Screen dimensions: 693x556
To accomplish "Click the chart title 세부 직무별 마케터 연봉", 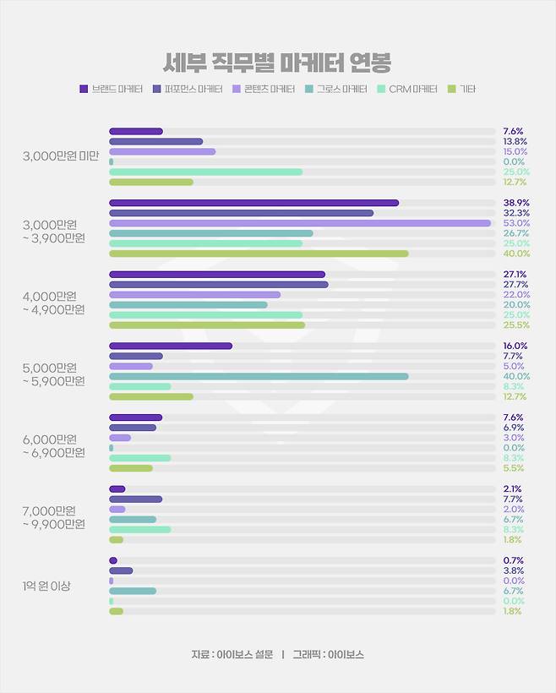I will click(x=277, y=63).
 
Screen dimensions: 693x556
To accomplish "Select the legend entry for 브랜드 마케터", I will click(x=111, y=89).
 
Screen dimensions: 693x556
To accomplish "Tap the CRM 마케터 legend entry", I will click(x=406, y=89).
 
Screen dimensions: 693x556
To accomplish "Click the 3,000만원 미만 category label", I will click(x=61, y=156).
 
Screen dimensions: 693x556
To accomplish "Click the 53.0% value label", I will click(x=515, y=223).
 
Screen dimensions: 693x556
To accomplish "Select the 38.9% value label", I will click(x=515, y=203).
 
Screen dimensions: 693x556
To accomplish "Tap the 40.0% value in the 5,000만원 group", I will click(x=515, y=376).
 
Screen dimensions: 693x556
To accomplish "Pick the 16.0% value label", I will click(x=515, y=346).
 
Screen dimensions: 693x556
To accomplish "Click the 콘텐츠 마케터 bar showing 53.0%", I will click(x=300, y=223).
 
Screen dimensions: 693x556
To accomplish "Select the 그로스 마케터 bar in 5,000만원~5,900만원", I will click(x=259, y=376).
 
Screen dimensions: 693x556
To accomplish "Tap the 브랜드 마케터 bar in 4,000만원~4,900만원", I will click(x=217, y=275).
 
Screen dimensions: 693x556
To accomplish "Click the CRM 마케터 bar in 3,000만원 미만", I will click(x=205, y=172).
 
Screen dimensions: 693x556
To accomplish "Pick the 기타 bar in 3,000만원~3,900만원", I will click(x=259, y=254).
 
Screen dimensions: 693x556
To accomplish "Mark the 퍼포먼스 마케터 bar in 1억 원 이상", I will click(x=121, y=570).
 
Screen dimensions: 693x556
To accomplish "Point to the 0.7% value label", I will click(x=514, y=560).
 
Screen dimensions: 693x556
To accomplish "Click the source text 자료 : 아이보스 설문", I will click(x=232, y=655).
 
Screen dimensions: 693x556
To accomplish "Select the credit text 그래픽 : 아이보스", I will click(x=328, y=655).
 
